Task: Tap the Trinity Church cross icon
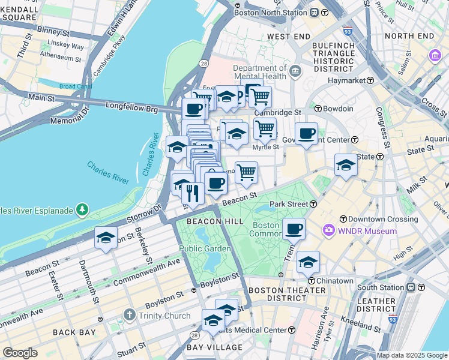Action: pyautogui.click(x=128, y=315)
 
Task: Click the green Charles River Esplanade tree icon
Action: pyautogui.click(x=82, y=211)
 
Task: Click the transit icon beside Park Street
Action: pyautogui.click(x=313, y=204)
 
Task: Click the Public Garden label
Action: pyautogui.click(x=205, y=248)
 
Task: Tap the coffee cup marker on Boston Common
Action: pyautogui.click(x=294, y=229)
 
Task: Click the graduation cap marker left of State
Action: pyautogui.click(x=346, y=165)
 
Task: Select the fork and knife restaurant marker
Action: pyautogui.click(x=192, y=193)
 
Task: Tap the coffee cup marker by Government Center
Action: pyautogui.click(x=306, y=134)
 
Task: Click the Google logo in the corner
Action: pyautogui.click(x=20, y=353)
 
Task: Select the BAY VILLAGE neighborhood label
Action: pyautogui.click(x=214, y=347)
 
